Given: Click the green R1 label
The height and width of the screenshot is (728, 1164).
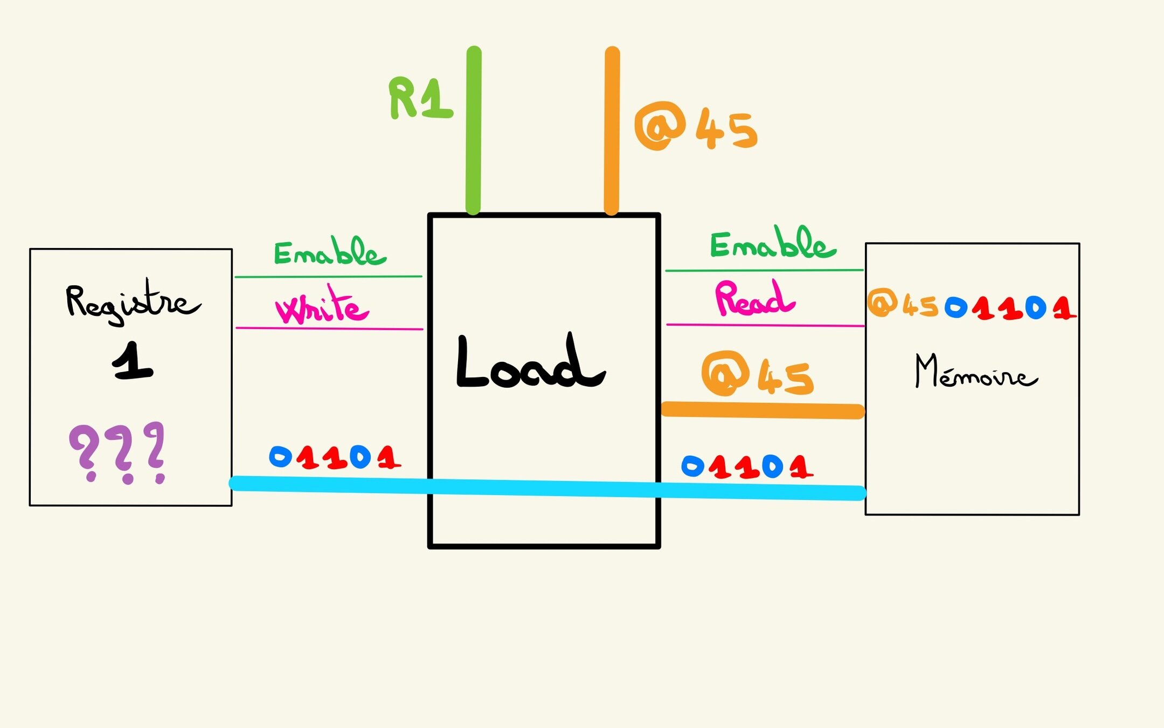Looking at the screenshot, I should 421,98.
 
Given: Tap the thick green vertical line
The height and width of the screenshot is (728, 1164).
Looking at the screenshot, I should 474,129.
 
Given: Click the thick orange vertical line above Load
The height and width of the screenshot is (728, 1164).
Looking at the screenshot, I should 612,129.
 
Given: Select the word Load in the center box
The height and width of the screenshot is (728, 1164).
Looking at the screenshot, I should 531,362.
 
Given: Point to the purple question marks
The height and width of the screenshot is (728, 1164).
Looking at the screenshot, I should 117,452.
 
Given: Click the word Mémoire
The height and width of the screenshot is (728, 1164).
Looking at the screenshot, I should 975,372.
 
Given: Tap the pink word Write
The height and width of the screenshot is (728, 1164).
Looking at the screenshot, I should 322,306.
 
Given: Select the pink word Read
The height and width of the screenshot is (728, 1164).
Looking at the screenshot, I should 754,299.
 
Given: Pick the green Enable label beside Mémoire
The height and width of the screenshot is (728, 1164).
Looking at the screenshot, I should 773,244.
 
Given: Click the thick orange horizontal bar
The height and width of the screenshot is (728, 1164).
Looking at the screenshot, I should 763,410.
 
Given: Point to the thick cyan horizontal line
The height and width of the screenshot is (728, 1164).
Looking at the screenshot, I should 547,487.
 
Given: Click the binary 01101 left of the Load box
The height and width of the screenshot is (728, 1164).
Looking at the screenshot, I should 335,458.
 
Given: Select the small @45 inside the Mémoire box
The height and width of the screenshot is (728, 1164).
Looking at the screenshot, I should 903,305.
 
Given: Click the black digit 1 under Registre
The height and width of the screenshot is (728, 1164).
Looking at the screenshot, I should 133,362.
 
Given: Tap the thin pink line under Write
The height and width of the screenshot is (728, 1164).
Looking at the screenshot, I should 329,328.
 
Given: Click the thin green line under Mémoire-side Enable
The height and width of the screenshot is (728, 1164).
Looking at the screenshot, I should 764,270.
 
